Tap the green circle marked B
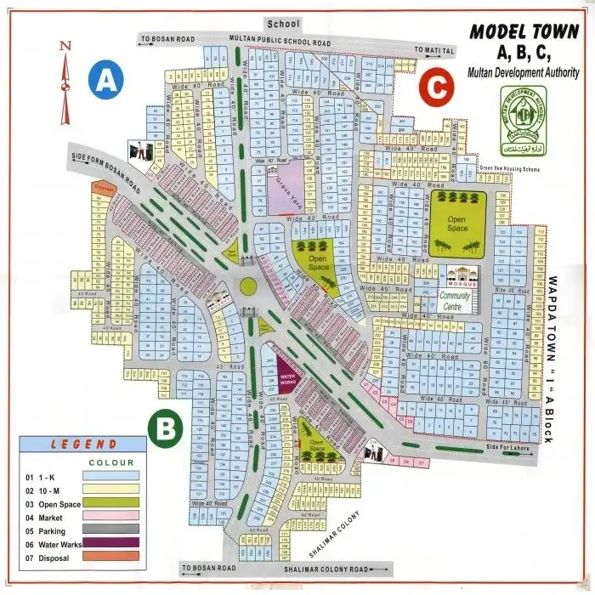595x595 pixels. pos(165,427)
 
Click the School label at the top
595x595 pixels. pos(284,24)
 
